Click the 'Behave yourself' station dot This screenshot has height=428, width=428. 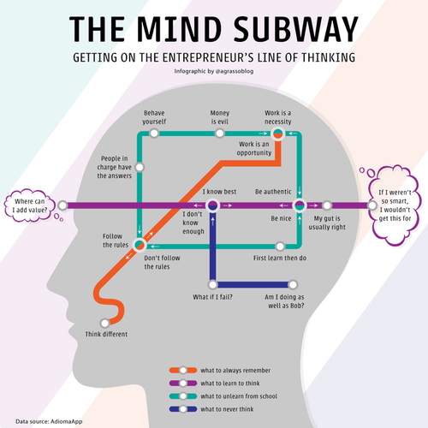pos(154,134)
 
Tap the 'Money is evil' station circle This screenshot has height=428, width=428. pos(220,134)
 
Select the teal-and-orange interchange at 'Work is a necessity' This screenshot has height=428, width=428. pos(277,134)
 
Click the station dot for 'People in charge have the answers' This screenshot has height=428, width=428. pos(140,167)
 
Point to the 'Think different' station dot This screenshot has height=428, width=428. pos(105,324)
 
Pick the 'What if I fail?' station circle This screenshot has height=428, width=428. pos(213,284)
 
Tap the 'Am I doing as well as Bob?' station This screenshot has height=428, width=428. pos(293,284)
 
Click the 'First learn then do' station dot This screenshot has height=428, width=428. pos(280,247)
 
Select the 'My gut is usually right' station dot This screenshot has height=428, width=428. pos(327,205)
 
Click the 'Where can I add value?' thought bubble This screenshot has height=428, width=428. pos(30,205)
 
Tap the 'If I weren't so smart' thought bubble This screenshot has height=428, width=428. pos(395,205)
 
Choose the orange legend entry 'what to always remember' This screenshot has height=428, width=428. pos(220,371)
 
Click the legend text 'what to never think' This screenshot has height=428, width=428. pos(227,409)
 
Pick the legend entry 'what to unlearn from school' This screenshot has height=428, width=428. pos(223,396)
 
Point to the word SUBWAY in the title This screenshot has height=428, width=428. pos(296,29)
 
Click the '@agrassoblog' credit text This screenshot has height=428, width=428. pos(235,71)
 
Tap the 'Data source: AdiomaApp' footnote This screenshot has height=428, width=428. pos(49,421)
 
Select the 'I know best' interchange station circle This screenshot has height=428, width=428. pos(213,205)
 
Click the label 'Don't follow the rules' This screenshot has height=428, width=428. pos(162,262)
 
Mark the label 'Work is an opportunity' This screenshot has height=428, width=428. pos(254,148)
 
